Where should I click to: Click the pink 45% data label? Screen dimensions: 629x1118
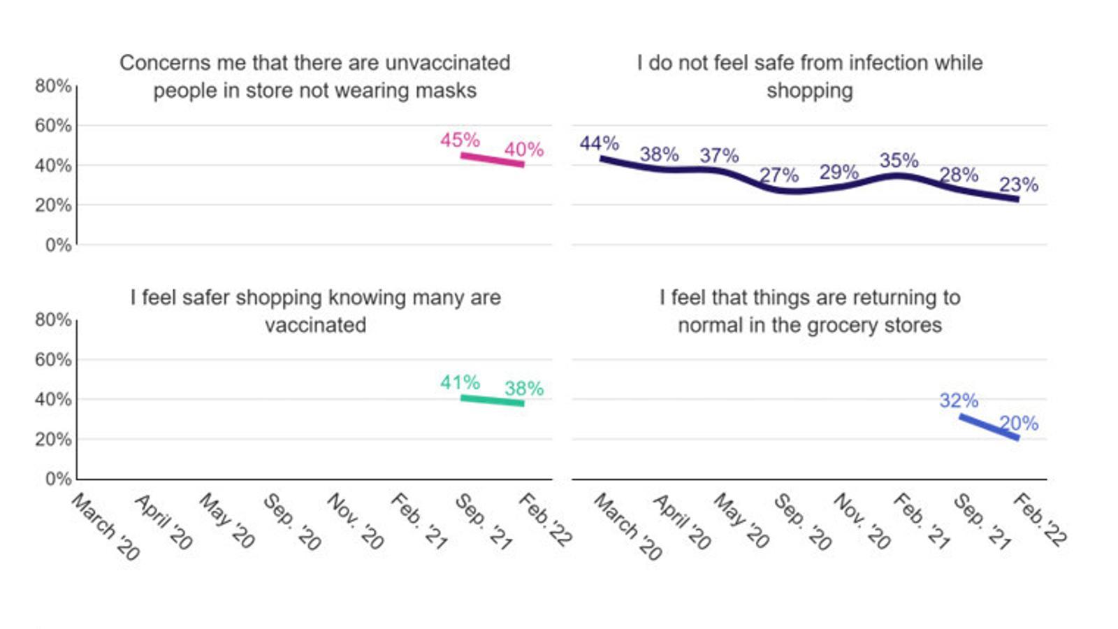(460, 140)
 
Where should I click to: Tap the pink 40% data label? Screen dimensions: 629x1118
(524, 149)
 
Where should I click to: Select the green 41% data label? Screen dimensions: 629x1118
(460, 382)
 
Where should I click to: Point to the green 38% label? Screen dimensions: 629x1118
(524, 388)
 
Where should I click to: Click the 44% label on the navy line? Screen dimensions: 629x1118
(599, 143)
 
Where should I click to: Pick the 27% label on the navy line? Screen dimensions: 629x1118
(778, 175)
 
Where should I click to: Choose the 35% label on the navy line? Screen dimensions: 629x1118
(899, 160)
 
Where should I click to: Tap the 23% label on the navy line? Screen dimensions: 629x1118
(1018, 185)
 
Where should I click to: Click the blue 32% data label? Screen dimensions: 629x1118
(959, 400)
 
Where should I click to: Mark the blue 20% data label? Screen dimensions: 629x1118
(1018, 423)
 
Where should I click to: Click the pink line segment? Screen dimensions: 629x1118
(492, 160)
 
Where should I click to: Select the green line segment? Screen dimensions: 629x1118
(492, 400)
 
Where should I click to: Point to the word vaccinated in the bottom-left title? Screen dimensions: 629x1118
(315, 325)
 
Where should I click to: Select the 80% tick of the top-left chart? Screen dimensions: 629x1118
(53, 86)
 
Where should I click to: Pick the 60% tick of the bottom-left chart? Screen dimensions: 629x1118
(53, 359)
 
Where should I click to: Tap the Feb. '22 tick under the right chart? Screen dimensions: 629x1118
(1040, 519)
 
